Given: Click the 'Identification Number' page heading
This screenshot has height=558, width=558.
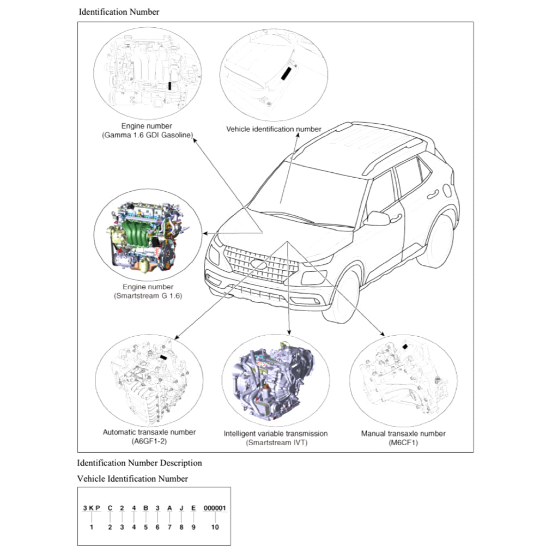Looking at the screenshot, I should (119, 11).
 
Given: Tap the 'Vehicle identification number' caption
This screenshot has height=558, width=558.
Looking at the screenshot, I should (274, 129).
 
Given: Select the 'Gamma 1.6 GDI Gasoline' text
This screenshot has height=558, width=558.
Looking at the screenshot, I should (148, 135).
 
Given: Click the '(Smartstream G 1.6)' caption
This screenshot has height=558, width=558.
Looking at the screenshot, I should (148, 296).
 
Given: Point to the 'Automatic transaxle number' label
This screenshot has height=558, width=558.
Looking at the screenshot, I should (149, 432).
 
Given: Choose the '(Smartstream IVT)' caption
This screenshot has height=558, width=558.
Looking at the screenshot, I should (276, 442).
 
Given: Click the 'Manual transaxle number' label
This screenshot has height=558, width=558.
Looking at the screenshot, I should (403, 434).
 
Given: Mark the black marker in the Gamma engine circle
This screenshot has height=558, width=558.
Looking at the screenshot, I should (170, 85).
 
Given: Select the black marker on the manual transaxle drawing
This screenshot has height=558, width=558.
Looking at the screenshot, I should (405, 346).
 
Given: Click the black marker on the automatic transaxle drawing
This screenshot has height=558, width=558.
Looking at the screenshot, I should (163, 357).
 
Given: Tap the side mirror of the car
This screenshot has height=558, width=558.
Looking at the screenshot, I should (377, 219).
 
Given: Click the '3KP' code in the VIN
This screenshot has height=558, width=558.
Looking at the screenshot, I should (92, 508).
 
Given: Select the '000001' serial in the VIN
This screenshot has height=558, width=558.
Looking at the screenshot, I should (215, 508).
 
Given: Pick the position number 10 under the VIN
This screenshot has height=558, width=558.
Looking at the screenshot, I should (215, 527).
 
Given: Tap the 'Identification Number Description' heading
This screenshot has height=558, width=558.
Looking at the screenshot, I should (139, 463).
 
